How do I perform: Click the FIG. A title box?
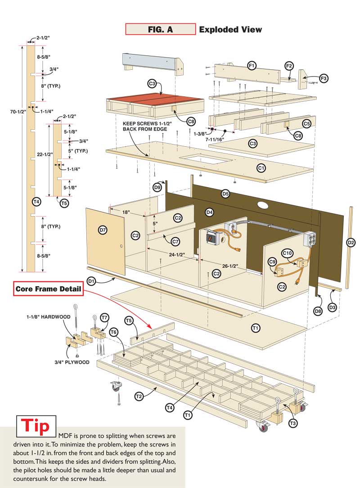pos(160,30)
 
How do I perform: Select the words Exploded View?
pos(230,30)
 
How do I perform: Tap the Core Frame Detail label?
pos(48,289)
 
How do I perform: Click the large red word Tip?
pos(36,426)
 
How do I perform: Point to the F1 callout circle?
pos(252,66)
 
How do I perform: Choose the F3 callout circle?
pos(324,78)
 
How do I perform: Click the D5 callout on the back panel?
pos(226,194)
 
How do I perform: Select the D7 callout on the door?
pos(103,230)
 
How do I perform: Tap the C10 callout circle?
pos(287,253)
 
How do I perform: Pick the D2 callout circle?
pos(351,243)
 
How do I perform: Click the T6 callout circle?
pos(113,332)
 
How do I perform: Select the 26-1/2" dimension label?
pos(229,266)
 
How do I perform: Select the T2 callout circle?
pos(139,396)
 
